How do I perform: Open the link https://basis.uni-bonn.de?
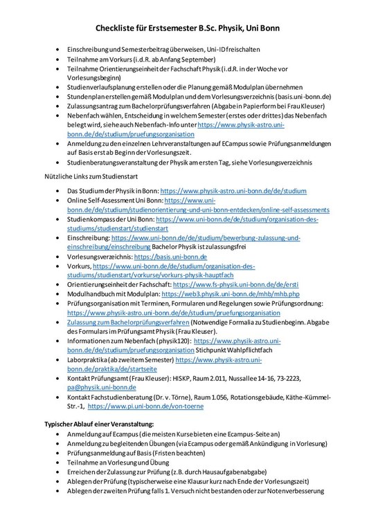click(x=170, y=256)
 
